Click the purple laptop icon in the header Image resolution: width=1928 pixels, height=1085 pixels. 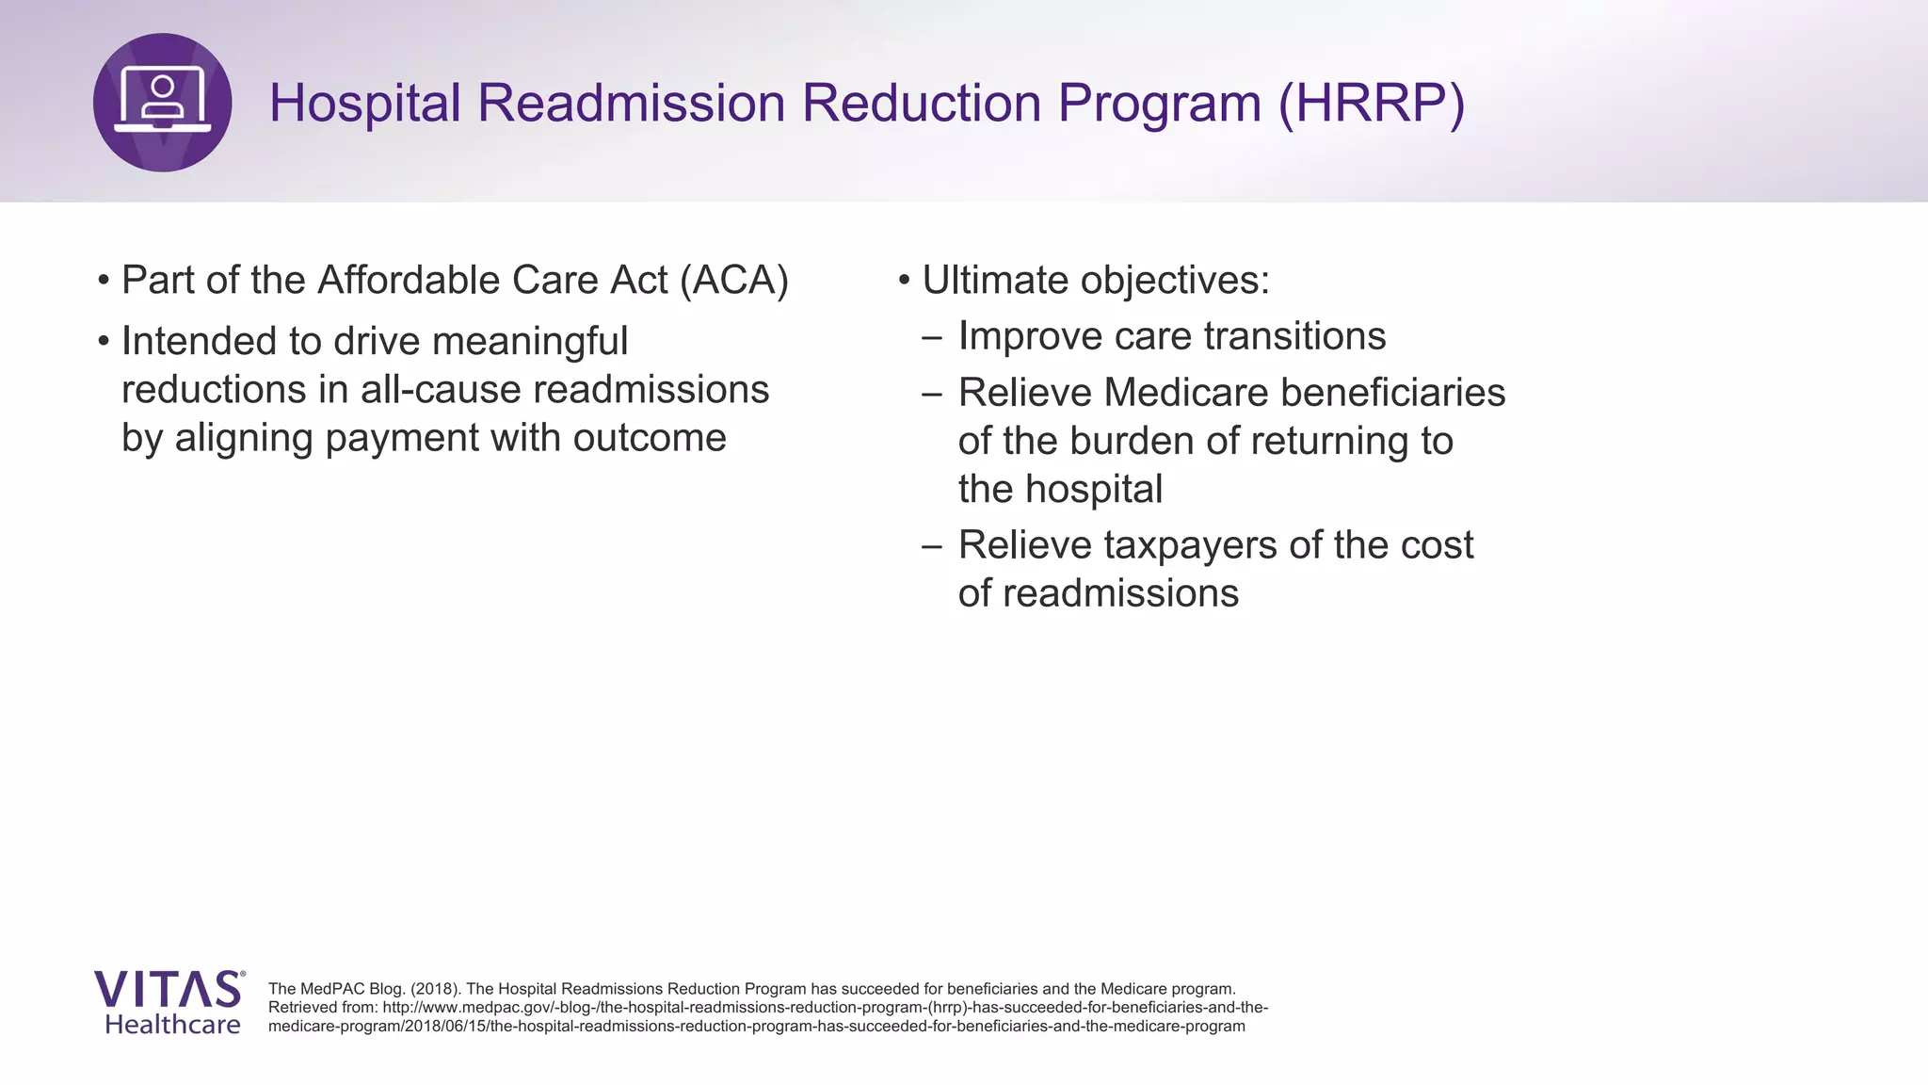click(x=162, y=102)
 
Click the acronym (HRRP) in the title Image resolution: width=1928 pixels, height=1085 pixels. click(x=1371, y=103)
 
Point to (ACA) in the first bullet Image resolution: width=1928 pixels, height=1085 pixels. click(x=734, y=280)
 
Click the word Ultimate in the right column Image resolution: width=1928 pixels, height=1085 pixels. click(x=993, y=280)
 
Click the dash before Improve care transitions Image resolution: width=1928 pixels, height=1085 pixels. click(x=932, y=337)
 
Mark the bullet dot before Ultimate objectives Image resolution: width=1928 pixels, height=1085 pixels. click(x=904, y=281)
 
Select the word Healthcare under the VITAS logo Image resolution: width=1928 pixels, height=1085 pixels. click(x=172, y=1025)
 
